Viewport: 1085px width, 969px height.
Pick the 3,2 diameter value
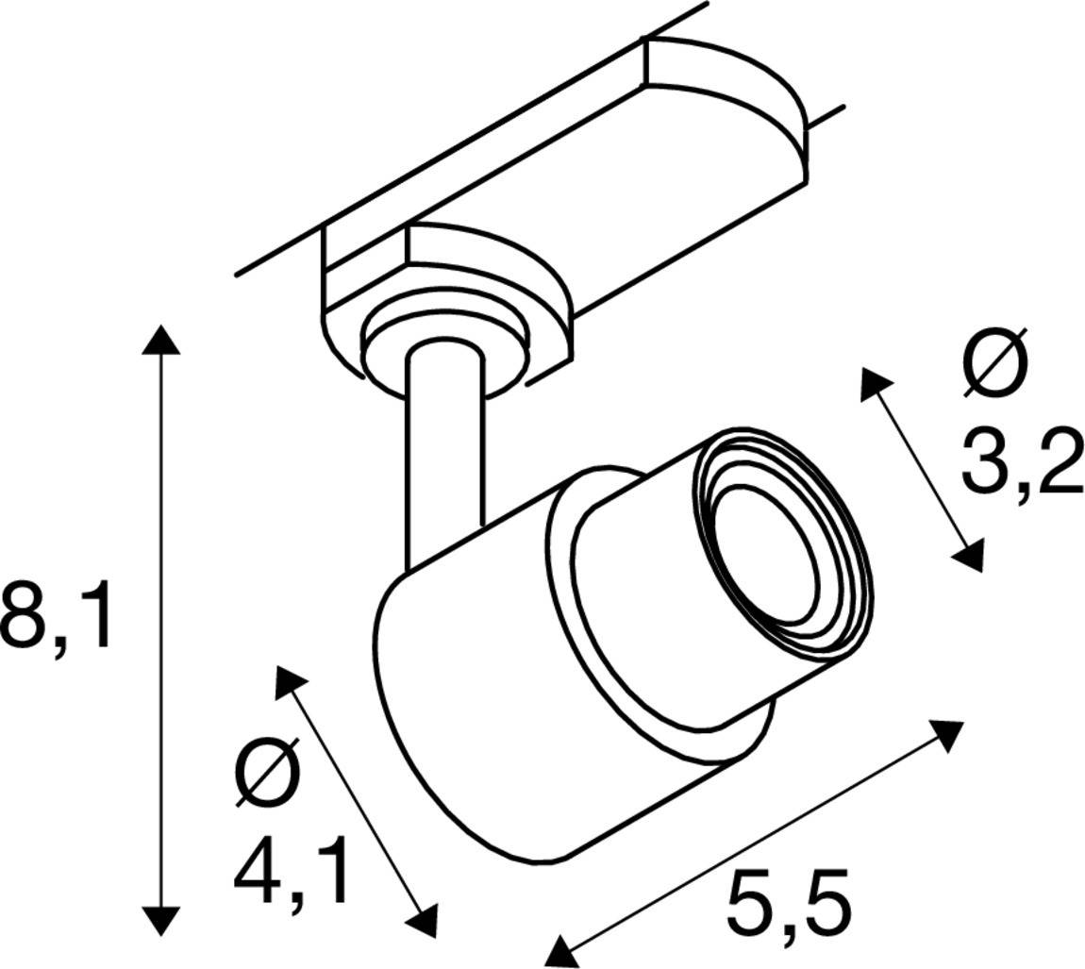pyautogui.click(x=1021, y=459)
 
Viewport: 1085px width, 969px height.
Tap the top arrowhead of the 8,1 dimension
pyautogui.click(x=160, y=339)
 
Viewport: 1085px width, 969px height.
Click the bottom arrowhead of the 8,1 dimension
pyautogui.click(x=160, y=920)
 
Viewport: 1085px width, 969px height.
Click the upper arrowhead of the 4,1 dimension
pyautogui.click(x=289, y=681)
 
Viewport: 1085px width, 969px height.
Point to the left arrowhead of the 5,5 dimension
pyautogui.click(x=563, y=950)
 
